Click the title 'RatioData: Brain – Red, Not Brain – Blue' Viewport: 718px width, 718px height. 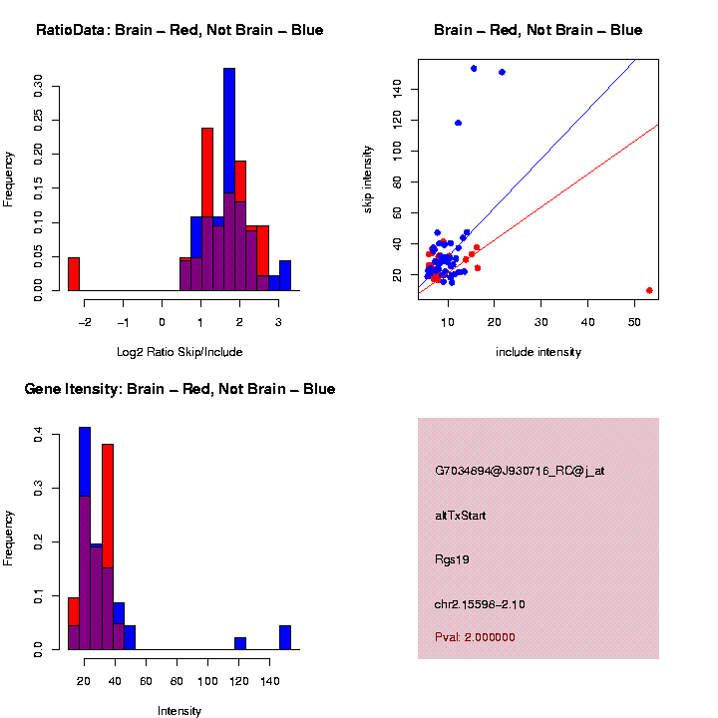[x=179, y=30]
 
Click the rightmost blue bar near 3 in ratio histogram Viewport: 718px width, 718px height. [x=285, y=275]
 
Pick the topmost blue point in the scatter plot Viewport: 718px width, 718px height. [x=474, y=68]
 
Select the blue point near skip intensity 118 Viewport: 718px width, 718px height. [x=458, y=123]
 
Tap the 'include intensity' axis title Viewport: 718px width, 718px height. [x=538, y=352]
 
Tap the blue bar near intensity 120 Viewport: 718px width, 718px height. [x=239, y=643]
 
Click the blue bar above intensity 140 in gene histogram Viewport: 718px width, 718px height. [x=285, y=637]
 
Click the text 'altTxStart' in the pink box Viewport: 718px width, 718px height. [x=460, y=516]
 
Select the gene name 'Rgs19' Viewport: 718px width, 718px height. [x=452, y=559]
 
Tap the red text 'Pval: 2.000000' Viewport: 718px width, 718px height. [x=475, y=637]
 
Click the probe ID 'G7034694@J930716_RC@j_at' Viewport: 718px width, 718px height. [x=520, y=471]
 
